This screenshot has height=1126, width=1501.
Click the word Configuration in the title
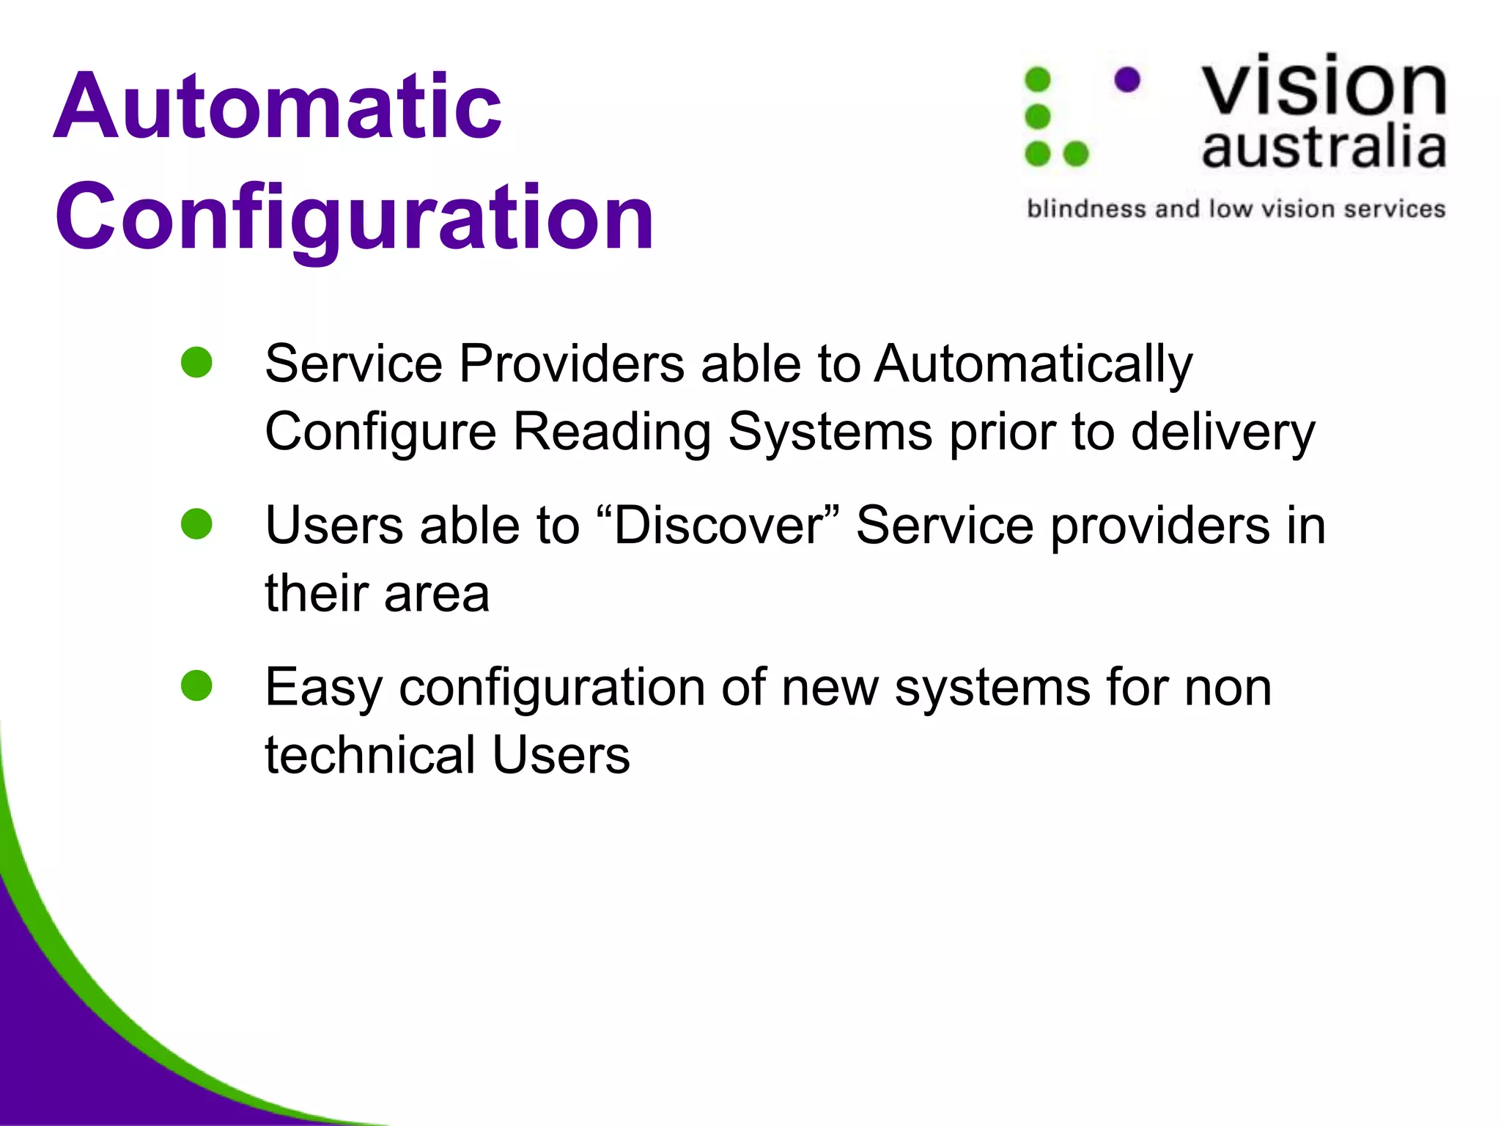tap(354, 218)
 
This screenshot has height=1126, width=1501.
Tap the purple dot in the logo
tap(1126, 80)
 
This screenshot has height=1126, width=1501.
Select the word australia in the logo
tap(1324, 147)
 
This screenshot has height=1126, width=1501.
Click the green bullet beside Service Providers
tap(196, 362)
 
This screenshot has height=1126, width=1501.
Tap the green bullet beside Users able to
tap(196, 524)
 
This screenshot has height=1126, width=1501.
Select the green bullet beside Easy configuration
tap(196, 686)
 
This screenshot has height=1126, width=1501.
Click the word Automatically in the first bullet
tap(1033, 364)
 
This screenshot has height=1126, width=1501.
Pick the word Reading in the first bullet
tap(611, 432)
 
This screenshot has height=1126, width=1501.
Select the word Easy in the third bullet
tap(323, 689)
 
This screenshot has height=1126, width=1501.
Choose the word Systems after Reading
tap(830, 432)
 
